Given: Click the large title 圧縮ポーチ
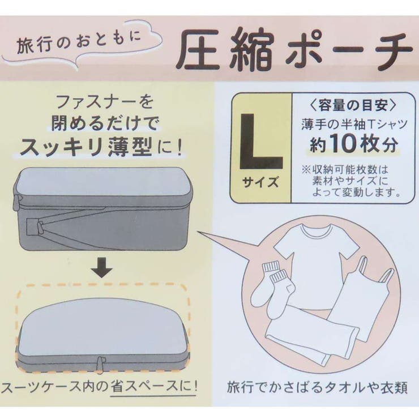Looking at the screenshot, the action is (295, 50).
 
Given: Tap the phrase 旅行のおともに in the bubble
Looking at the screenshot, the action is (79, 43).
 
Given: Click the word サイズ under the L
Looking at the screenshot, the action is (260, 183).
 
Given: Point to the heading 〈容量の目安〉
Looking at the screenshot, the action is (353, 105).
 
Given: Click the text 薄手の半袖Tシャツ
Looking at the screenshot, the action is (354, 125).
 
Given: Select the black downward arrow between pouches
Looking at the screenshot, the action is (102, 267).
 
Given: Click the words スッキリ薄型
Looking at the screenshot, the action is (86, 147).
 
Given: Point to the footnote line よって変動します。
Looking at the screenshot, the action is (357, 192).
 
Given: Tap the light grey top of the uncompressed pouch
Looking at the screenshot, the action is (103, 182).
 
